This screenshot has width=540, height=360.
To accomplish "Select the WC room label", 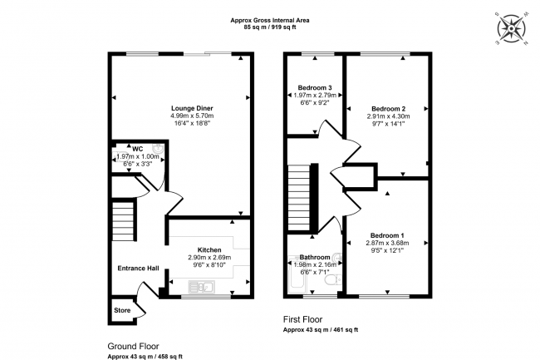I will (137, 149).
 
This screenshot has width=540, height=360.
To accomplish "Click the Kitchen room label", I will (209, 249).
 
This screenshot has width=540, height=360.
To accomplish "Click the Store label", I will (122, 311).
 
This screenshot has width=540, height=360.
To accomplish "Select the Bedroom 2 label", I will (388, 109).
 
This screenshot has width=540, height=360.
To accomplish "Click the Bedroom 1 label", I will (387, 235).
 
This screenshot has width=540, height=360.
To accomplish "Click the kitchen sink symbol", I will (203, 287).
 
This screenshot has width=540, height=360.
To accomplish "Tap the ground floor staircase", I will (123, 219).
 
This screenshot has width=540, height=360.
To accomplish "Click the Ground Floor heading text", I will (133, 346).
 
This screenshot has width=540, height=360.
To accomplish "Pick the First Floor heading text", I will (302, 319).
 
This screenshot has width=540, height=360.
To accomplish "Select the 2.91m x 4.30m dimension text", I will (388, 117).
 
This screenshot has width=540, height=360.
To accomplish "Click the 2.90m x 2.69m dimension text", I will (209, 258).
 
